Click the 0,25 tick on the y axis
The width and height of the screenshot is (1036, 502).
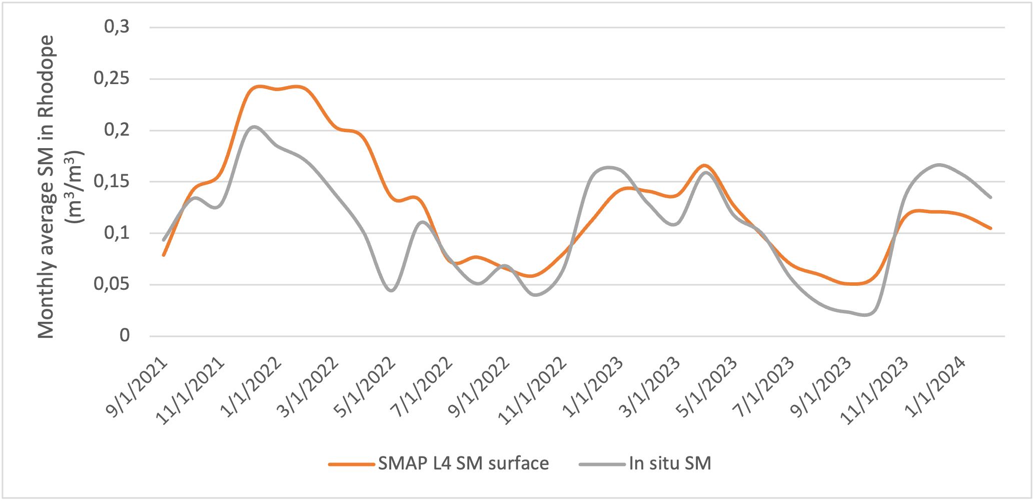(111, 79)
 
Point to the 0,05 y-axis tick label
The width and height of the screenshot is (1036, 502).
(111, 284)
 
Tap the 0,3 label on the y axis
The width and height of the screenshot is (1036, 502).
(116, 27)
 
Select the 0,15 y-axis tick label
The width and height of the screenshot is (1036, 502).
(111, 182)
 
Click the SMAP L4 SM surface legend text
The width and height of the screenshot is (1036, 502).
(463, 463)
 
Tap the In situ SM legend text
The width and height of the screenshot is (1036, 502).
(670, 463)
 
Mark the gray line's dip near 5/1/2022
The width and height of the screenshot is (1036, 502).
(391, 290)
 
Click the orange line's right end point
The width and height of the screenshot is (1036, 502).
(991, 228)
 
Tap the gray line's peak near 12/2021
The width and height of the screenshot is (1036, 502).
(254, 127)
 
